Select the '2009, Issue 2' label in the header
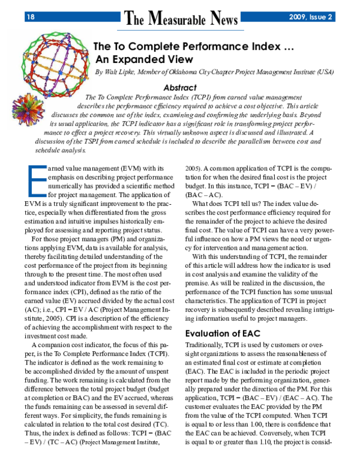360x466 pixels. (x=310, y=17)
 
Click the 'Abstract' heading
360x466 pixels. (x=180, y=87)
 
